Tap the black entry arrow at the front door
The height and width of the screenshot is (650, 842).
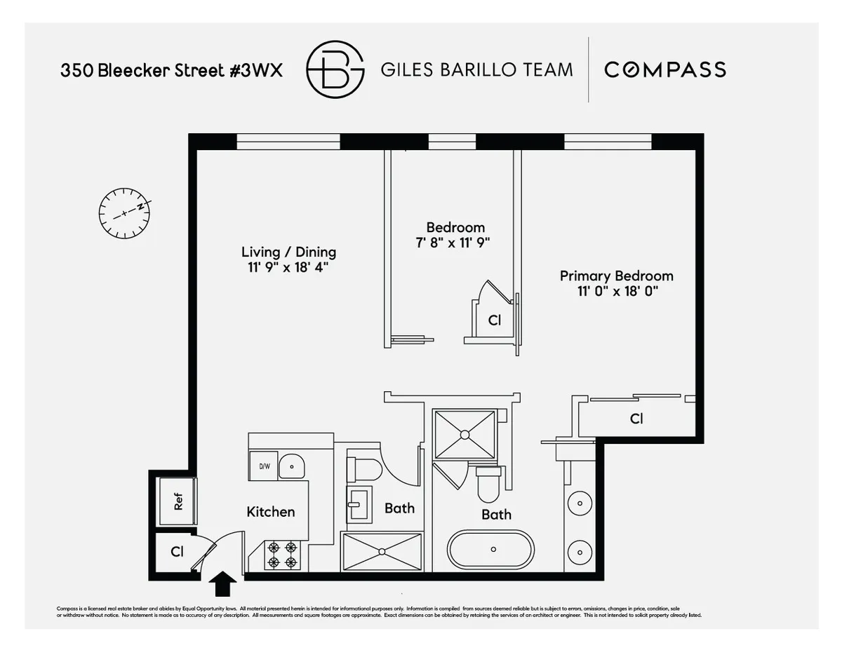[x=223, y=583]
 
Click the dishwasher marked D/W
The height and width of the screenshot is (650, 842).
[x=264, y=466]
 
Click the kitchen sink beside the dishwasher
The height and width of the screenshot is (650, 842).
[x=293, y=466]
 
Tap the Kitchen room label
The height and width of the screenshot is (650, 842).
[x=270, y=512]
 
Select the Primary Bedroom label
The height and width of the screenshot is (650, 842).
[x=616, y=276]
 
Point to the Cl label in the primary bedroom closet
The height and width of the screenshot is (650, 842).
[x=636, y=419]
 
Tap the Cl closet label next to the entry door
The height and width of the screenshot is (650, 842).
[x=177, y=552]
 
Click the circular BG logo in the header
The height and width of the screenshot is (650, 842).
[x=335, y=69]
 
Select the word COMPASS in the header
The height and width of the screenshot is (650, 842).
[x=664, y=69]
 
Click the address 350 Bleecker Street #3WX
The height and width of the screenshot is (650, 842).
[x=172, y=70]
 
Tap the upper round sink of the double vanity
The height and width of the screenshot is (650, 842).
[x=580, y=502]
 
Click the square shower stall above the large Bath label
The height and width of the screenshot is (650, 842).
[x=464, y=435]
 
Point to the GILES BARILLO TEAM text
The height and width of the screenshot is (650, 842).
[x=476, y=69]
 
